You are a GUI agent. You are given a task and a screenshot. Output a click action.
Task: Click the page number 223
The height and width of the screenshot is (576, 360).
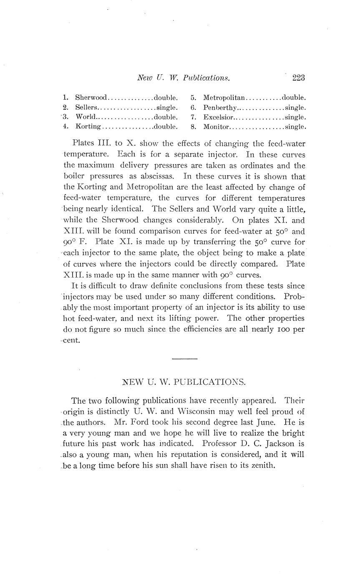coord(299,78)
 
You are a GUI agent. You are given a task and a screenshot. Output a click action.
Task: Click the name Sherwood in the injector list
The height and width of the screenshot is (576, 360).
coord(91,98)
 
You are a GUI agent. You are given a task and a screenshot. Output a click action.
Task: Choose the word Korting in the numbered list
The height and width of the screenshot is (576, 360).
coord(88,126)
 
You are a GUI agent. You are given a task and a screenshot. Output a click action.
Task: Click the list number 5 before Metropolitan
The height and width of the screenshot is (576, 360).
coord(193,98)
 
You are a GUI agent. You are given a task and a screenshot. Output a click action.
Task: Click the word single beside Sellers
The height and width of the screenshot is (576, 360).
coord(167,108)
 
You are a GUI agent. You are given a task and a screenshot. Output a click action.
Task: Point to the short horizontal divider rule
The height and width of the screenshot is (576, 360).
coord(184,359)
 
